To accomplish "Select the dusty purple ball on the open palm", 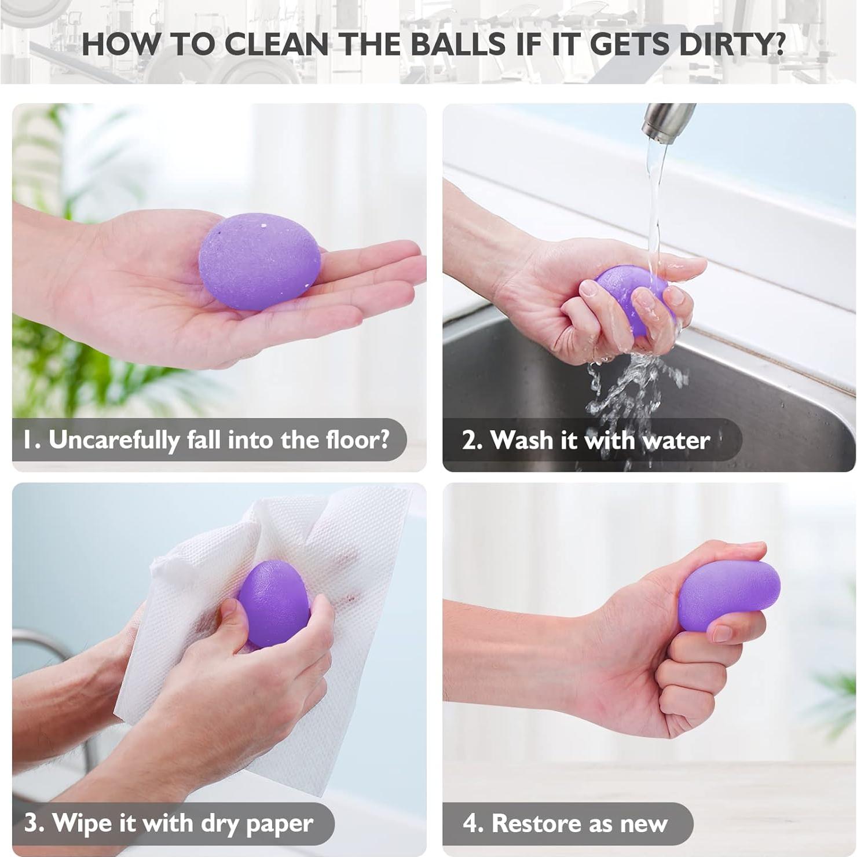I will coord(259,261).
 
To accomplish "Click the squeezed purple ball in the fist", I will coord(727,594).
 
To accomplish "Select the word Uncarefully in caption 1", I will coord(113,440).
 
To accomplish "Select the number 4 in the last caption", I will coord(470,823).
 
